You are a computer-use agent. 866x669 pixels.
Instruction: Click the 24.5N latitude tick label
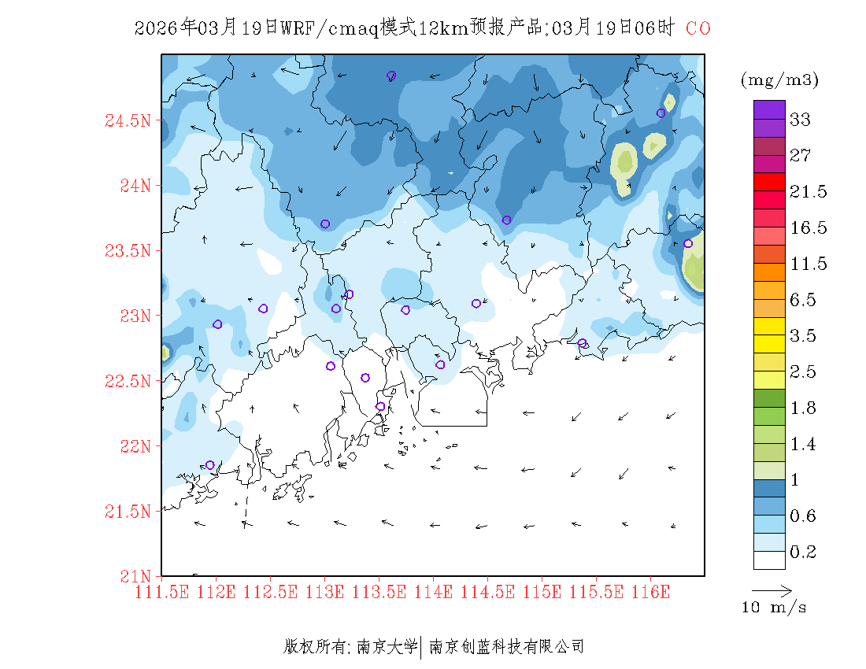pyautogui.click(x=127, y=121)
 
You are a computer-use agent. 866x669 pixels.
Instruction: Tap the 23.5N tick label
pyautogui.click(x=127, y=251)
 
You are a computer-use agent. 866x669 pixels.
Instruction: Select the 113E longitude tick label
pyautogui.click(x=325, y=591)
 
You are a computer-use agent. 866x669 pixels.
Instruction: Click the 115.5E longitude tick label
pyautogui.click(x=596, y=591)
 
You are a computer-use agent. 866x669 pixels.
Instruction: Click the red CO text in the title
pyautogui.click(x=698, y=29)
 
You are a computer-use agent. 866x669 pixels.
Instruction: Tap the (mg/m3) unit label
pyautogui.click(x=779, y=79)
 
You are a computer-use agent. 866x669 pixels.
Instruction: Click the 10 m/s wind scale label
pyautogui.click(x=774, y=608)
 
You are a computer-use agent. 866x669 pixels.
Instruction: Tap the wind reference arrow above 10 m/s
pyautogui.click(x=771, y=590)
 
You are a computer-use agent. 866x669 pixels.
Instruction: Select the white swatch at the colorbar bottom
pyautogui.click(x=769, y=560)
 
